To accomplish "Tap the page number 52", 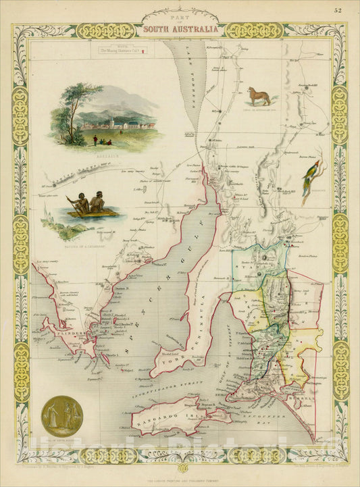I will [346, 9].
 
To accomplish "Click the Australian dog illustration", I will [259, 97].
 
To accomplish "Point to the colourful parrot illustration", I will [310, 182].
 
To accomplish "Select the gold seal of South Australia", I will [62, 416].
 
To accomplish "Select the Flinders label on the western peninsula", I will [70, 334].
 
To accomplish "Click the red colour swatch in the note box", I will [143, 50].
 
